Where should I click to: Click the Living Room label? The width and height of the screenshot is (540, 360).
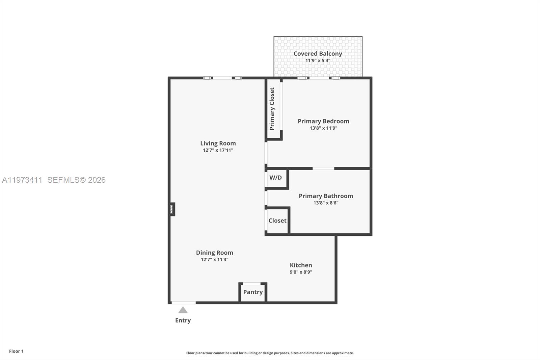[218, 143]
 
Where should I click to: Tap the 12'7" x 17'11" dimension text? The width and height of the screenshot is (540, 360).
[218, 150]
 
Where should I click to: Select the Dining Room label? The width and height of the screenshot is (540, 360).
[214, 253]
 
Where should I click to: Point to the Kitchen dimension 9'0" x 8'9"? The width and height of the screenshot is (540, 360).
[301, 272]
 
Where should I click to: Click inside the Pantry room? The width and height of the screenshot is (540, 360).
[253, 292]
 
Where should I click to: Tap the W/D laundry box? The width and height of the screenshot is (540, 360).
[276, 178]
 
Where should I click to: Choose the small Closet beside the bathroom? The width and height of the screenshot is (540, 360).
[277, 221]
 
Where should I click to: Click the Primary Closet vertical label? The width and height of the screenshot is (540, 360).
[272, 109]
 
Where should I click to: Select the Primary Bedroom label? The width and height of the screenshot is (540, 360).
[323, 121]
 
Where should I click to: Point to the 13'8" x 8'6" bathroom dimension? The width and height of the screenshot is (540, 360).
[326, 203]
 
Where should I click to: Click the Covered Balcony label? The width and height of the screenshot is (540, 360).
[318, 54]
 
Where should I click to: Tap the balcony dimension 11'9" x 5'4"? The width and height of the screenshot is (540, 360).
[318, 61]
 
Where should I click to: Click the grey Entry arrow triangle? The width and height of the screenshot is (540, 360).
[183, 310]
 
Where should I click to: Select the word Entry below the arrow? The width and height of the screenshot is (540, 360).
[183, 320]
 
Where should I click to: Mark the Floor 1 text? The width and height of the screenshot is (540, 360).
[16, 351]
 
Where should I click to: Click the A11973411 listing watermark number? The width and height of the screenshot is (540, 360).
[22, 180]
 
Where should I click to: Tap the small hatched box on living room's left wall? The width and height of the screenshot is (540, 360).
[172, 209]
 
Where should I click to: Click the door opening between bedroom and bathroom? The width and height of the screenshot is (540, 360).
[323, 168]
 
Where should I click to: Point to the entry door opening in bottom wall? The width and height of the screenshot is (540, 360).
[183, 303]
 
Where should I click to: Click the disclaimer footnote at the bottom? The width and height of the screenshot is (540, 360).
[270, 353]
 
